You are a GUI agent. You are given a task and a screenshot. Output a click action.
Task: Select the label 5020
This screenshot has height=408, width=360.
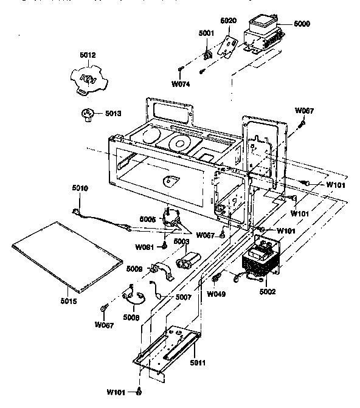pyautogui.click(x=227, y=21)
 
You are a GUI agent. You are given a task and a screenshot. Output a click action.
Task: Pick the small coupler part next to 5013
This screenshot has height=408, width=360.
pyautogui.click(x=88, y=114)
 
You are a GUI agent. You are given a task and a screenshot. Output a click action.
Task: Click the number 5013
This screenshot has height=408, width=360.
pyautogui.click(x=114, y=112)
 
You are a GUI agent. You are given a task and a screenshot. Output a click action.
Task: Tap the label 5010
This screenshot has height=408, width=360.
pyautogui.click(x=80, y=188)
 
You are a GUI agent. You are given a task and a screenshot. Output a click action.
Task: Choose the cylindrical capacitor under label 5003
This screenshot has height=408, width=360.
pyautogui.click(x=185, y=263)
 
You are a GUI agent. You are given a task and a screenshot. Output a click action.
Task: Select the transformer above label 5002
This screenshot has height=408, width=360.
pyautogui.click(x=261, y=262)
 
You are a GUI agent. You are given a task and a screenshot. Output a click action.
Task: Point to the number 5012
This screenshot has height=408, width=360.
pyautogui.click(x=88, y=55)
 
